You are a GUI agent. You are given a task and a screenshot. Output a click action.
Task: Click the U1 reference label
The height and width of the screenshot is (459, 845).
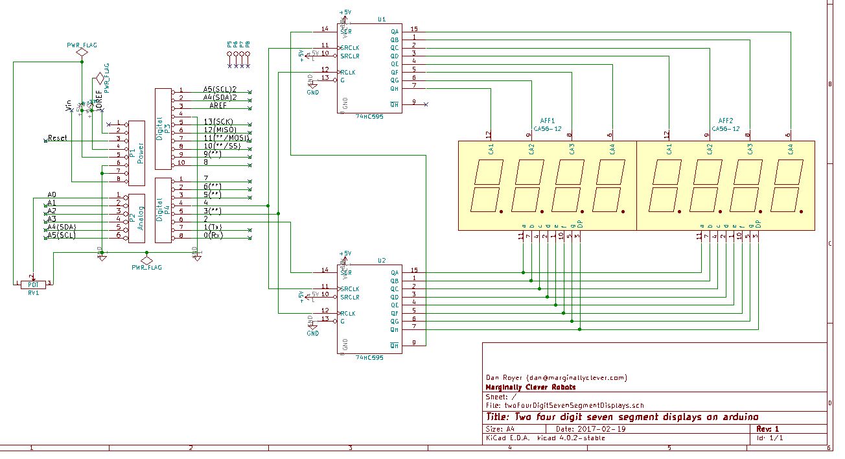381,20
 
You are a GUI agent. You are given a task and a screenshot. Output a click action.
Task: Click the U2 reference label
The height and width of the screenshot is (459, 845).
381,261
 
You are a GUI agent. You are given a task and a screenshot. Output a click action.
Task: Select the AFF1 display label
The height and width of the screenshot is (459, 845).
548,121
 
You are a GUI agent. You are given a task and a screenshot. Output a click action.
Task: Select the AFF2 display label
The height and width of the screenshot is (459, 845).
726,121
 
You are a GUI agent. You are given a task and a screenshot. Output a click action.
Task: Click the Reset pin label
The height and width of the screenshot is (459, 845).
57,138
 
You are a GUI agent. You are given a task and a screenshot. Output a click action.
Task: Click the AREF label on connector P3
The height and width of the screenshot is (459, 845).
218,106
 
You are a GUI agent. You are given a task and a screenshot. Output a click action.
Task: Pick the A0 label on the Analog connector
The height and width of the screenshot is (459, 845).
52,194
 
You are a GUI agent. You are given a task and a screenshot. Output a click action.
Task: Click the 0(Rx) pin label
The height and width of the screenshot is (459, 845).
213,235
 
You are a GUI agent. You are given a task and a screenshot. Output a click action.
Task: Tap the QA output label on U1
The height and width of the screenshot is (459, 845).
395,31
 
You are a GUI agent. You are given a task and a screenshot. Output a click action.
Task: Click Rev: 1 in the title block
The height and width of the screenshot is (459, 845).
768,429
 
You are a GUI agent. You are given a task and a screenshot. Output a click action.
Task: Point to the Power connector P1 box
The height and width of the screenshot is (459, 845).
136,153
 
